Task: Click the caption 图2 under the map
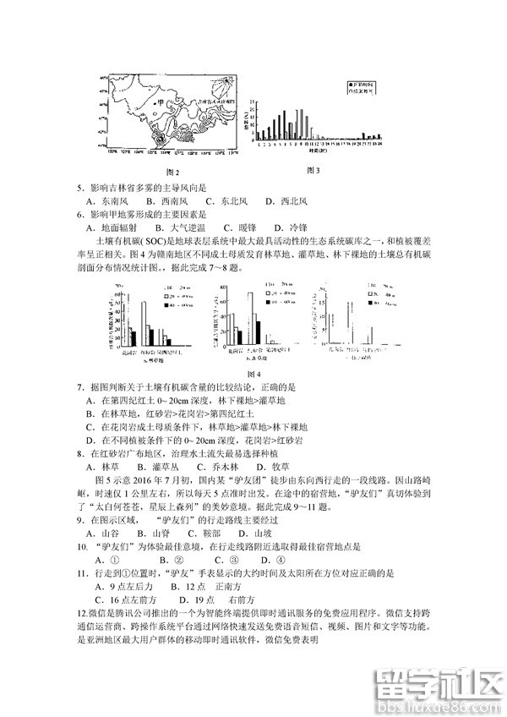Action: click(x=171, y=172)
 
